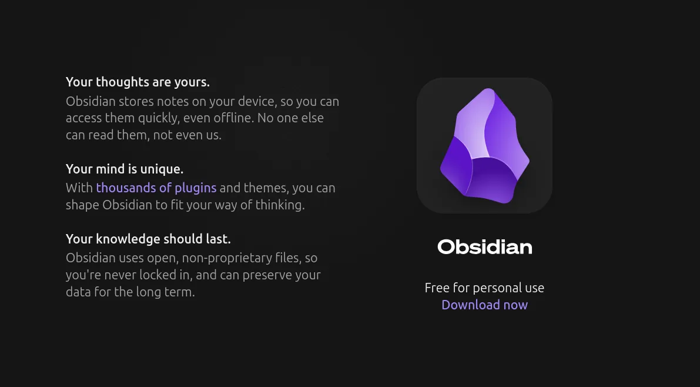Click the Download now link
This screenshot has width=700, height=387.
[x=484, y=305]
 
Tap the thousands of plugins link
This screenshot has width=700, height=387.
[x=156, y=188]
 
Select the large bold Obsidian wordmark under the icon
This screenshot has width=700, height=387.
[x=484, y=247]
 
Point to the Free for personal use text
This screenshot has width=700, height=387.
[x=484, y=288]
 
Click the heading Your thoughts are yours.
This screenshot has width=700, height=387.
[x=138, y=82]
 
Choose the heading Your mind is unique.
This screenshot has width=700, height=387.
[x=125, y=169]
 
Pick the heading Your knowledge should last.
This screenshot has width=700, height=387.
[x=148, y=239]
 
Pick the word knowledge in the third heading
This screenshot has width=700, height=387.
[x=128, y=239]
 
